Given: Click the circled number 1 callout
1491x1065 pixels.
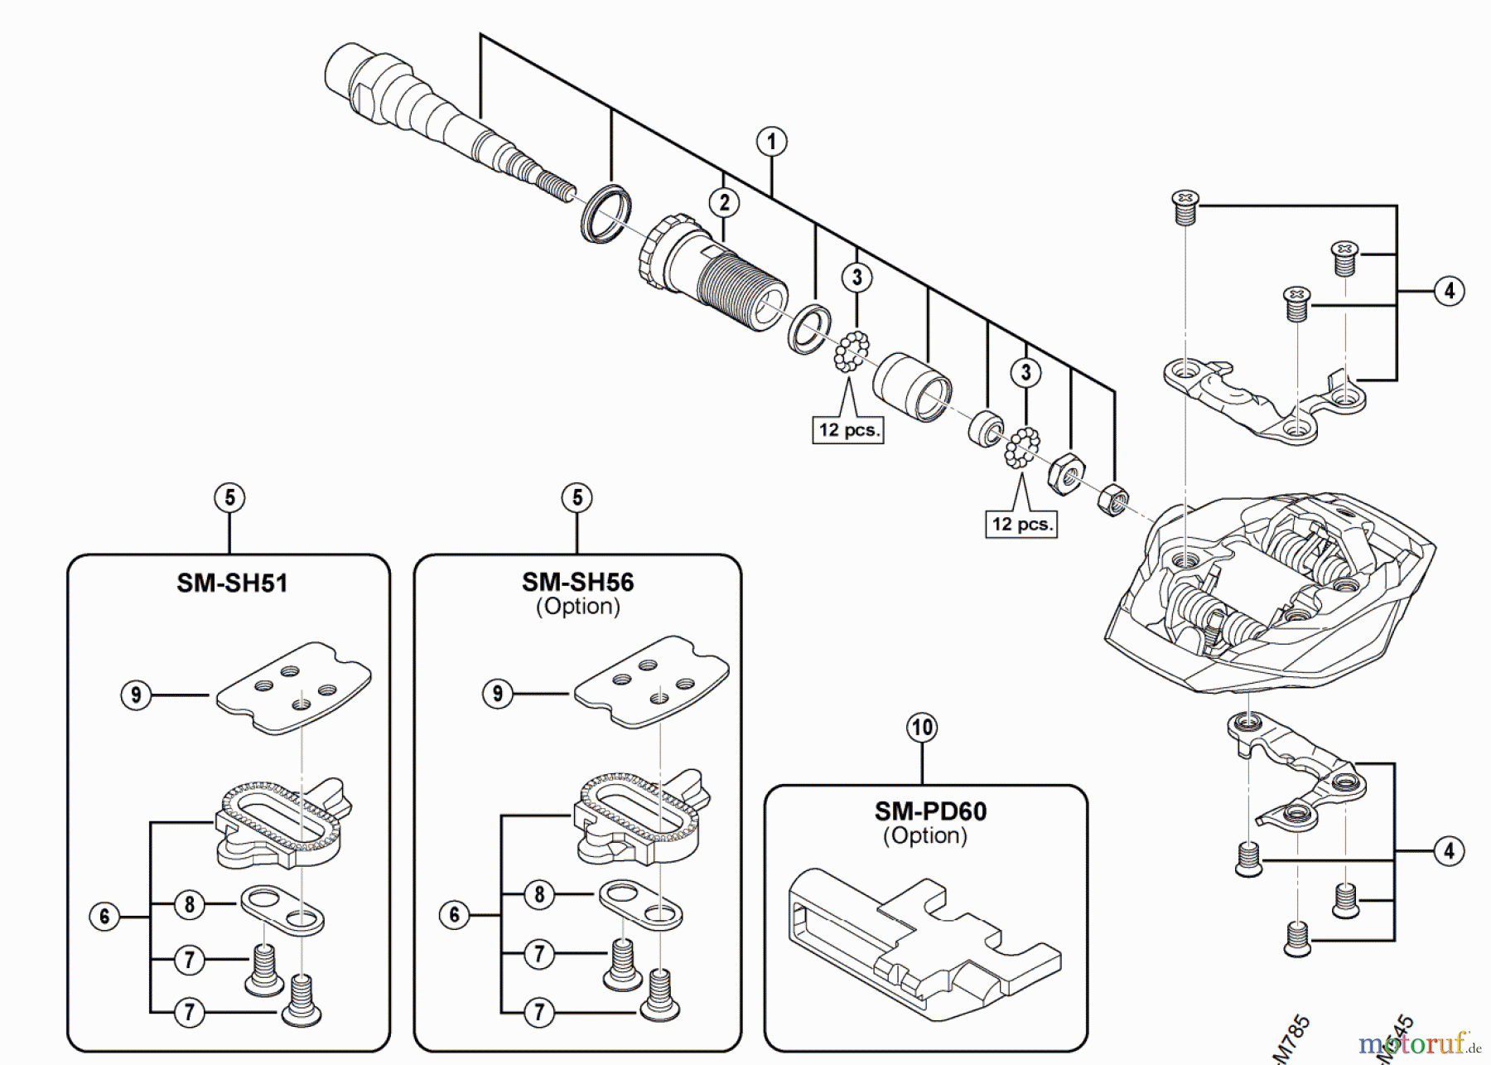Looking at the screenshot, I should pos(771,142).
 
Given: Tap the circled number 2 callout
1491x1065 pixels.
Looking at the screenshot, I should pos(724,202).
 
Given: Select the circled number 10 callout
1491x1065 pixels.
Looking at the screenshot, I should pos(922,728).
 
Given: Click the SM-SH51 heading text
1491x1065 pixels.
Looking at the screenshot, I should pos(232,583).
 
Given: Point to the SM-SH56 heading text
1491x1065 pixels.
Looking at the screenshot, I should pos(577,582).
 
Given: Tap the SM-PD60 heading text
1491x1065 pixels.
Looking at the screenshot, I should pos(930,811).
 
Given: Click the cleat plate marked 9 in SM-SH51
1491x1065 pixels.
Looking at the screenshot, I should pos(294,688).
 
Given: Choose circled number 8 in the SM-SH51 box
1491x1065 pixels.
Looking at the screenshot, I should pos(190,904).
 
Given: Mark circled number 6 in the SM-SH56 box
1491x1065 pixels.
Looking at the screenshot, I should pos(454,915).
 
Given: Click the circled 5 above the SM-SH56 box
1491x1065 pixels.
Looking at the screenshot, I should pos(577,498).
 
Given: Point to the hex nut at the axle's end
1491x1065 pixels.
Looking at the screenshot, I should pos(1112,500).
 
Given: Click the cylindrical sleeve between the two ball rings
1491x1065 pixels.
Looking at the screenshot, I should pos(911,385).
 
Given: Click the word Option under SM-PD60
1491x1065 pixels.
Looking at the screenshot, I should pos(924,835).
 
